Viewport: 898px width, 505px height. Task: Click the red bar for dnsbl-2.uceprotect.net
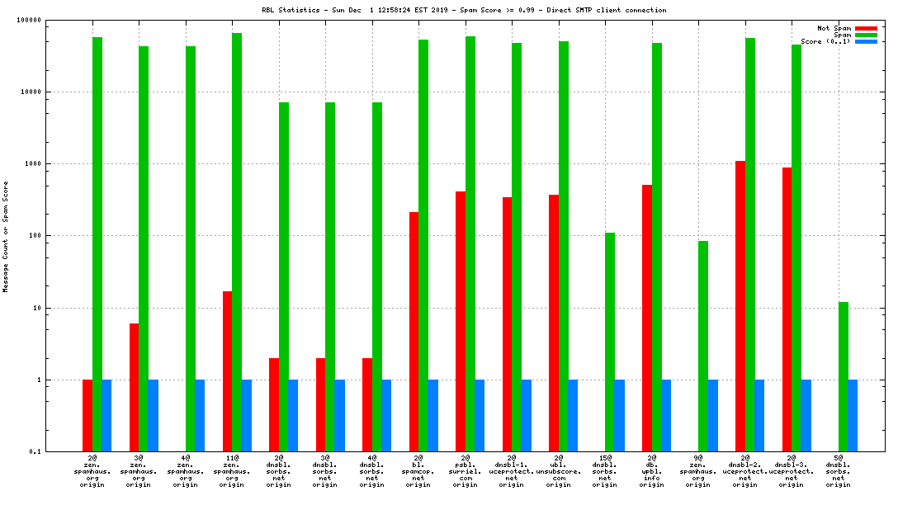740,305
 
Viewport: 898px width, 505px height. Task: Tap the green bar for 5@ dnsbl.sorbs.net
844,376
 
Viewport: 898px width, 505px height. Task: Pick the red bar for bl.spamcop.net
414,331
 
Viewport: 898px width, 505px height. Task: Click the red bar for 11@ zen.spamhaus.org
227,370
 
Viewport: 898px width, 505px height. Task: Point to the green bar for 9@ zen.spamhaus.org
703,346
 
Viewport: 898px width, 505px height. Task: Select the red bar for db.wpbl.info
647,318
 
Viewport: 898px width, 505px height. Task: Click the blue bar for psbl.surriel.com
480,415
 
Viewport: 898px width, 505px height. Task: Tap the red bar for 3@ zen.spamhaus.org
134,387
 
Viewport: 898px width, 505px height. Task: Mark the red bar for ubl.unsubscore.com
554,323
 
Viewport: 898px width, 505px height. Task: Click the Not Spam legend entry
834,28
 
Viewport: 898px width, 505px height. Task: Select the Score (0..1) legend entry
826,41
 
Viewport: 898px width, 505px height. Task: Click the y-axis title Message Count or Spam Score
6,237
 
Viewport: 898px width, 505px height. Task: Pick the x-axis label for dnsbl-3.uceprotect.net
792,471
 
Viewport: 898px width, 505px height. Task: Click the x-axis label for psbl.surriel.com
465,471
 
